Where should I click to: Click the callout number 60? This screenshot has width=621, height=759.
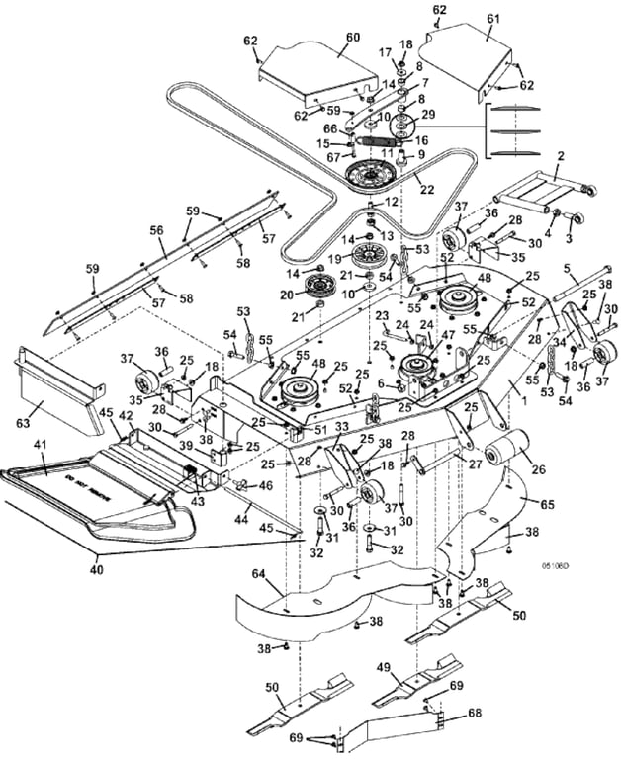tap(352, 37)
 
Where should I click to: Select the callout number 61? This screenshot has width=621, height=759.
tap(493, 20)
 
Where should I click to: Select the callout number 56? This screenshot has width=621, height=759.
tap(156, 229)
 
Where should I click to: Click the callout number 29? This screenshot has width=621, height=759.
tap(428, 115)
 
